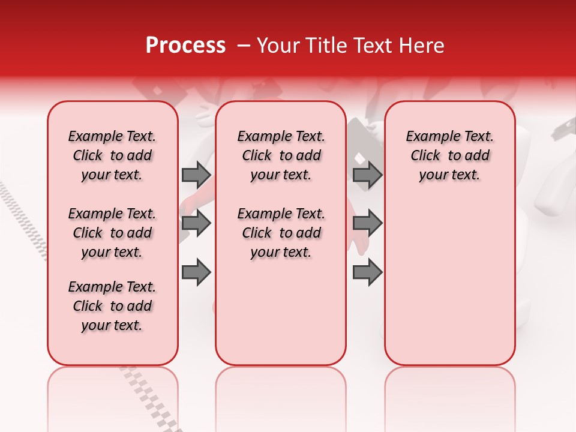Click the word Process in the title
(x=185, y=46)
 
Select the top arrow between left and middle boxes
(x=196, y=175)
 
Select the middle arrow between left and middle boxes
(x=196, y=223)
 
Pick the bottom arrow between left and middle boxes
(x=196, y=272)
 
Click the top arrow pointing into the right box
(x=367, y=175)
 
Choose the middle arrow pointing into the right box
(x=367, y=223)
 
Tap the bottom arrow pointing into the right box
(x=367, y=272)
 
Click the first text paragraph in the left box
(x=112, y=155)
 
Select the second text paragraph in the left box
(x=112, y=233)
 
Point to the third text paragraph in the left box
(x=112, y=306)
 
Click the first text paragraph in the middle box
(x=281, y=155)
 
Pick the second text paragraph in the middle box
(x=281, y=233)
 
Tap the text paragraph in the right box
(x=449, y=155)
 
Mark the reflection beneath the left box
(x=113, y=396)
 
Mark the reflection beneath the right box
(x=450, y=396)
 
